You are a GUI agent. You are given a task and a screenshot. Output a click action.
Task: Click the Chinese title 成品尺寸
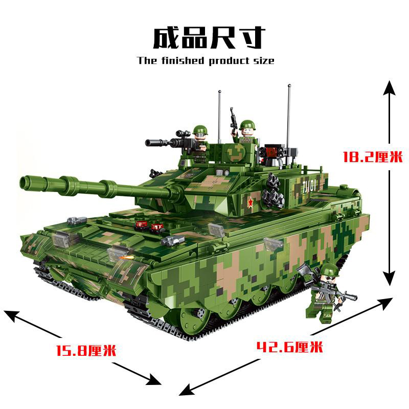coord(209,38)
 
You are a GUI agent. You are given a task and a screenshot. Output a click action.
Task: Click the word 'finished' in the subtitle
coord(183,60)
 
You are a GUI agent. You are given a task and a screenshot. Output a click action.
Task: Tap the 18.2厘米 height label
coord(373,157)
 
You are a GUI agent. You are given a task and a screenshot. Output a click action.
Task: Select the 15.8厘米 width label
coord(86,350)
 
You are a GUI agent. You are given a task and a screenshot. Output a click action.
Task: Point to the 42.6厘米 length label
coord(290,347)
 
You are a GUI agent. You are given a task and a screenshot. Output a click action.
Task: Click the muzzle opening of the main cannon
coord(25,183)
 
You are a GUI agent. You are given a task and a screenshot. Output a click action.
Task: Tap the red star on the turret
coord(251,202)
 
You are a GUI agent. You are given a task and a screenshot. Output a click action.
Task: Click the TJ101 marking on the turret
coord(310,187)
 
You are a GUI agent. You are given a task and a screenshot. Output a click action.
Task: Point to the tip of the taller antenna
coord(289,85)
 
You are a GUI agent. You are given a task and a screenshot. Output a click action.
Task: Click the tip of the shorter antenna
coord(220,92)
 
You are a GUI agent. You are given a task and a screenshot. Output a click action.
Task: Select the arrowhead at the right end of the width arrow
coord(154,380)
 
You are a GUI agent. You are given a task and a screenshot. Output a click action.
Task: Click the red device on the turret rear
coord(272,151)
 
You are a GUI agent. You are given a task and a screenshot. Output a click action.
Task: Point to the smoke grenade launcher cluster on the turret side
coord(272,192)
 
